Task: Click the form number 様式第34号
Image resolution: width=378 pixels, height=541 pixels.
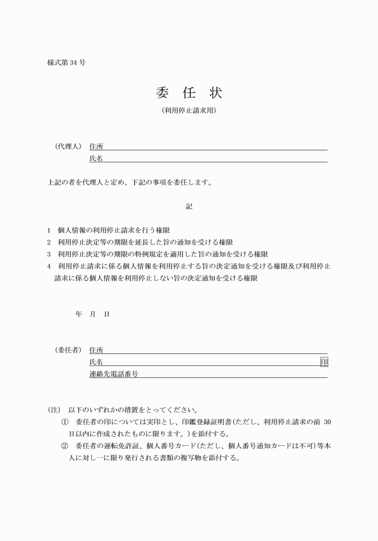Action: point(65,62)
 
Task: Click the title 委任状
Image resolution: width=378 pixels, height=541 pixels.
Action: point(188,93)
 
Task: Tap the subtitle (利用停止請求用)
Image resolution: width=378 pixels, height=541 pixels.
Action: point(188,111)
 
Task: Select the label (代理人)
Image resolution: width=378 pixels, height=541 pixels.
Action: point(68,146)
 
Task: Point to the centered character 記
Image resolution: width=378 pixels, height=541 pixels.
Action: point(189,206)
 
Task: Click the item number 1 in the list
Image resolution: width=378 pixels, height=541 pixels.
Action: point(49,230)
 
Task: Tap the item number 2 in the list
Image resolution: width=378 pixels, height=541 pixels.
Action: point(49,242)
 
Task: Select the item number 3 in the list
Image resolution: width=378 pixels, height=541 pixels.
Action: point(49,254)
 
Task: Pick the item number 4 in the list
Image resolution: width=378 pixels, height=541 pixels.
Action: point(49,266)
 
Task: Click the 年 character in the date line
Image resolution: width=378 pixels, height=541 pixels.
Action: point(79,314)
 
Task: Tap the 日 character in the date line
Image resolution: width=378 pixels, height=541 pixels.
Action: point(106,314)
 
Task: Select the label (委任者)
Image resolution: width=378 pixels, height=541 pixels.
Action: point(68,350)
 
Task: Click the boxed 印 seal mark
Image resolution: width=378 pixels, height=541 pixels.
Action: point(324,362)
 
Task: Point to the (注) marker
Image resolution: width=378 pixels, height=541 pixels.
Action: point(54,410)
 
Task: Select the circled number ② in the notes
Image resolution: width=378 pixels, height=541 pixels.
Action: point(65,446)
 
